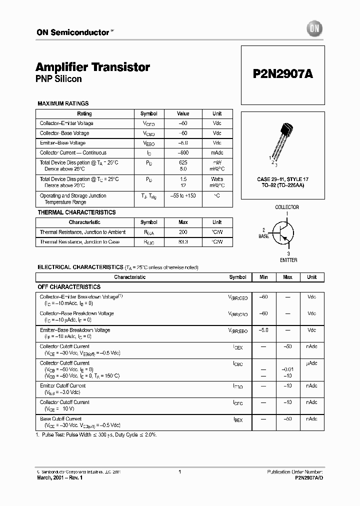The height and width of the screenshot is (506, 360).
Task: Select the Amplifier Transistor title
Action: (x=92, y=67)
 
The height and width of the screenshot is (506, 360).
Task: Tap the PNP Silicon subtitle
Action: (x=58, y=79)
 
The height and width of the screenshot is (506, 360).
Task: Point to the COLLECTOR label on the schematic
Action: (x=287, y=207)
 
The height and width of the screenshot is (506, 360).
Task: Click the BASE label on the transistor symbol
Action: (x=264, y=236)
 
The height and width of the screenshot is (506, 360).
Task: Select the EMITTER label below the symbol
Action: (x=288, y=260)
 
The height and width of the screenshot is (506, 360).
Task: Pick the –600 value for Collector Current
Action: (x=183, y=153)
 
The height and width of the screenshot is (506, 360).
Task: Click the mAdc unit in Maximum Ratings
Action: (x=217, y=153)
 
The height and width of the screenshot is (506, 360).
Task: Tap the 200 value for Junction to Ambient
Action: (x=183, y=232)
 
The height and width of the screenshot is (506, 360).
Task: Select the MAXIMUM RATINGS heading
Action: (x=63, y=103)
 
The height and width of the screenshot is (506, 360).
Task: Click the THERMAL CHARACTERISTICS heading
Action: (x=76, y=212)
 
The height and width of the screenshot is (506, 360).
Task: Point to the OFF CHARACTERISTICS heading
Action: (x=69, y=287)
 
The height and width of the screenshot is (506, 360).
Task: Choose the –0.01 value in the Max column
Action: (x=287, y=369)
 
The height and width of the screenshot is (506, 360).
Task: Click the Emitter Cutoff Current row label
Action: (x=63, y=386)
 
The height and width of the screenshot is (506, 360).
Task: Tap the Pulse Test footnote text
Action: (x=98, y=435)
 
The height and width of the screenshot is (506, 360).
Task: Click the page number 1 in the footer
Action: (x=179, y=472)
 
